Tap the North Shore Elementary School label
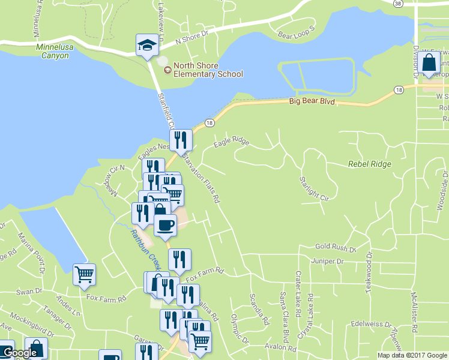coord(208,70)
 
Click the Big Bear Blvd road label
coord(311,102)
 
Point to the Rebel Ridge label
coord(369,164)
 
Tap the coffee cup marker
coord(165,225)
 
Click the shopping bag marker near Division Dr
coord(429,63)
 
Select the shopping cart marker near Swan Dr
coord(84,274)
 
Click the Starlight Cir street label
coord(315,189)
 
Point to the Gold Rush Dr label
coord(336,247)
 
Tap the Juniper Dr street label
coord(327,262)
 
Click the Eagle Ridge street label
coord(231,141)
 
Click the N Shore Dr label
coord(191,38)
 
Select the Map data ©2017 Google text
coord(411,355)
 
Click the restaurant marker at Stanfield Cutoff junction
coord(180,140)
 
